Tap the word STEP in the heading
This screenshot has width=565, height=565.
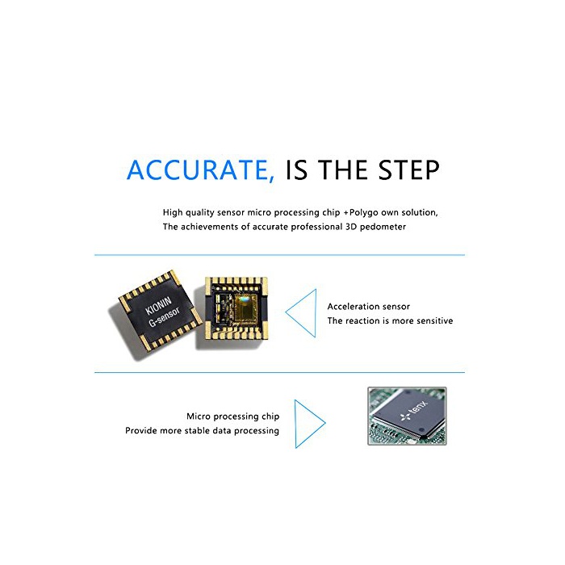409,169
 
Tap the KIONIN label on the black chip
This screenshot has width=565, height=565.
158,305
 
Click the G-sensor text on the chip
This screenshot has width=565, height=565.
164,317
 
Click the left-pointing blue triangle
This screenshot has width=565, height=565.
301,313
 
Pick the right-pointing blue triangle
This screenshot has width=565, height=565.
310,424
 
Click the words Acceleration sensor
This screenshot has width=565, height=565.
368,307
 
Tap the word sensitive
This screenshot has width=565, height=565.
434,320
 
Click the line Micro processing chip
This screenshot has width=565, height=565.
232,417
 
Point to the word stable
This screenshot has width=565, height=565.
197,430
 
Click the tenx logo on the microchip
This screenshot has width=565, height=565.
414,411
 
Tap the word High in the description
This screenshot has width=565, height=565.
173,212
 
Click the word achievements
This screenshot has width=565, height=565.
209,227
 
